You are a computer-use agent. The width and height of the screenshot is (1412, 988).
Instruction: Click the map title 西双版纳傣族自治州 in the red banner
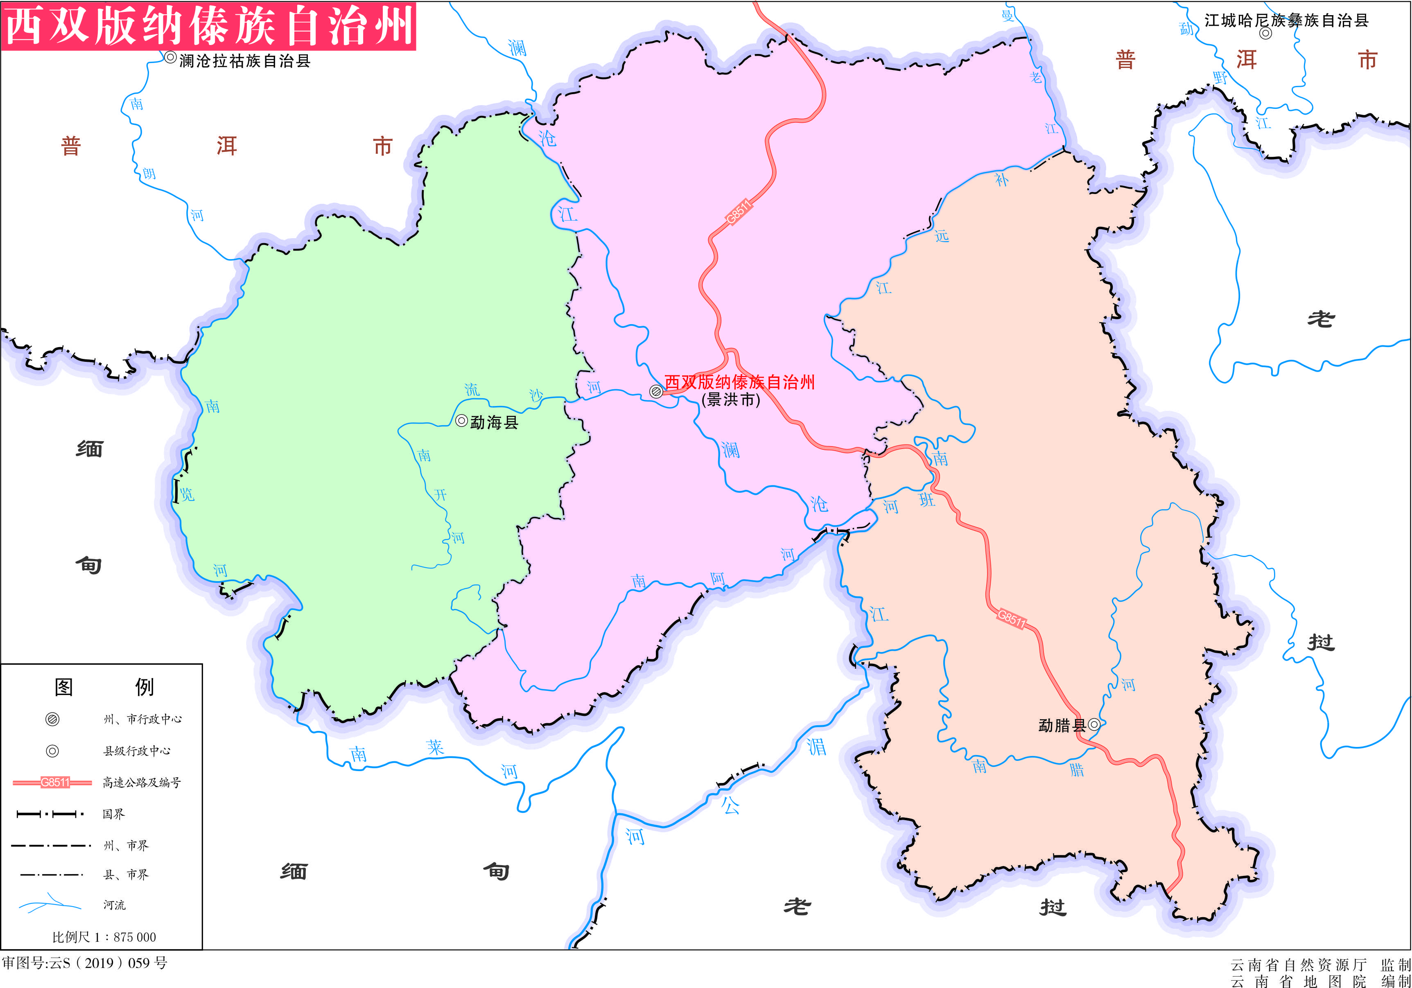(209, 26)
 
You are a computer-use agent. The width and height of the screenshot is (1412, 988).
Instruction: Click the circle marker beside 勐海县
(461, 420)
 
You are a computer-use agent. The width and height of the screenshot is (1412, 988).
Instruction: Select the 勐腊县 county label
(1062, 726)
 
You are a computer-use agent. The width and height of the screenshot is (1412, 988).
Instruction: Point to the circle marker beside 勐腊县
(1094, 724)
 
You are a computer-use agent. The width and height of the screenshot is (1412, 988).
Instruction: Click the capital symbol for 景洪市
(656, 391)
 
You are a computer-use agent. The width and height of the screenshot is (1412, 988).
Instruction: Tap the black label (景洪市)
(731, 399)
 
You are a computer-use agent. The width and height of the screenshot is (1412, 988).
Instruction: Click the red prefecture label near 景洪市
(739, 382)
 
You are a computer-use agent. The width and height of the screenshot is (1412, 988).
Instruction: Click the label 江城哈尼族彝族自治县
(1286, 20)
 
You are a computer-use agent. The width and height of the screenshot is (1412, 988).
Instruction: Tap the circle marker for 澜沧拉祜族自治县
(170, 57)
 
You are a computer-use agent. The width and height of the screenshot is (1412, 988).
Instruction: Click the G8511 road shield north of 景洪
(738, 212)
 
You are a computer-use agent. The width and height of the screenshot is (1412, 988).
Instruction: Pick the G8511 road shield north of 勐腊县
(1012, 618)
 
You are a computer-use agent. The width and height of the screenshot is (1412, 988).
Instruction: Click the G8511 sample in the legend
(54, 782)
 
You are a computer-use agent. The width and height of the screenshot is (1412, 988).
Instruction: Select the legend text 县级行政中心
(136, 751)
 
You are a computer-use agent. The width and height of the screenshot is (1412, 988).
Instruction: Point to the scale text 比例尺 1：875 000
(104, 937)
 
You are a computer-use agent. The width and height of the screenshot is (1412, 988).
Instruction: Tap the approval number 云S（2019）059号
(84, 963)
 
